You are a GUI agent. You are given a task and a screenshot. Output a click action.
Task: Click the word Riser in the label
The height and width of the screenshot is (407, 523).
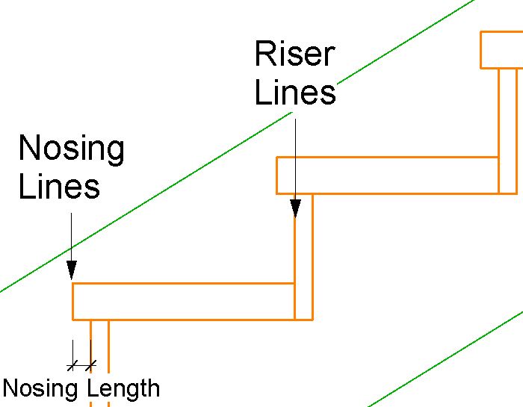(294, 55)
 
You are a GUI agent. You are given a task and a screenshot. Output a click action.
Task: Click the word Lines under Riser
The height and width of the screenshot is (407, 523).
(294, 93)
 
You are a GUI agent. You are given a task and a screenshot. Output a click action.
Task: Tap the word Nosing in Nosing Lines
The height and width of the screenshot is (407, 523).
(71, 149)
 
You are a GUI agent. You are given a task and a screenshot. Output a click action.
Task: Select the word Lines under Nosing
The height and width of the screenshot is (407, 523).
(59, 186)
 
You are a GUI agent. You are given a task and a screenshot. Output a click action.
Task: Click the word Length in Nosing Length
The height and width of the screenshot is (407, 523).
(123, 388)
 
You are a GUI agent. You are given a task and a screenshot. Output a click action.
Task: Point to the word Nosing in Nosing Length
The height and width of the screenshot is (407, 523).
(42, 388)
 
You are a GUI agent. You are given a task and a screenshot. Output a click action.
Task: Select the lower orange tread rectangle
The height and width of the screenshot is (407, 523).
(183, 302)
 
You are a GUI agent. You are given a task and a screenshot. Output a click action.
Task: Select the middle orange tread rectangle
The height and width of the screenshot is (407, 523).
(387, 175)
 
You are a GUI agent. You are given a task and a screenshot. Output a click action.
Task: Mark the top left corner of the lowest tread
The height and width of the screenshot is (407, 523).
(72, 284)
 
